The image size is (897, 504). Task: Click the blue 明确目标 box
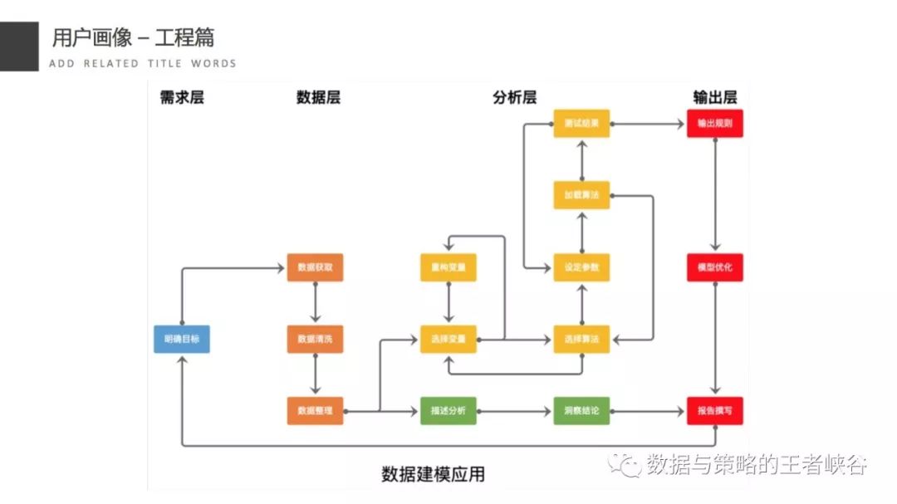click(x=182, y=339)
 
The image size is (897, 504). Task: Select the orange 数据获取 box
click(x=315, y=267)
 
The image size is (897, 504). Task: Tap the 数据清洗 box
click(x=315, y=339)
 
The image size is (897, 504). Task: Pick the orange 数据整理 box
click(x=315, y=410)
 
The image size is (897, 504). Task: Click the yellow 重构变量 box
click(x=448, y=267)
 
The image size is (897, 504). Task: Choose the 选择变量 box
click(x=448, y=339)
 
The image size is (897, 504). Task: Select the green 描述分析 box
click(x=448, y=410)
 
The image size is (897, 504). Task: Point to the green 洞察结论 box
click(x=581, y=410)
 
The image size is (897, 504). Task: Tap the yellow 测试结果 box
click(x=581, y=124)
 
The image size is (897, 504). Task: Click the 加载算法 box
click(x=581, y=195)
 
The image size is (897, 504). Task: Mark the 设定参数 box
click(x=581, y=267)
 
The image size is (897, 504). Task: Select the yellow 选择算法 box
click(x=581, y=339)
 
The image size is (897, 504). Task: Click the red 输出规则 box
click(x=714, y=124)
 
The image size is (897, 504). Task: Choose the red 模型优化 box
click(x=714, y=267)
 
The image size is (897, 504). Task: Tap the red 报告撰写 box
click(x=714, y=410)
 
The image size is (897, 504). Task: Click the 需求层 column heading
click(x=182, y=97)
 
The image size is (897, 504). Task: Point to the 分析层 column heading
click(x=514, y=97)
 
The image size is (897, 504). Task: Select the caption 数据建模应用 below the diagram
click(x=433, y=474)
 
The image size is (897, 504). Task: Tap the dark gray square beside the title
click(x=19, y=46)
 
